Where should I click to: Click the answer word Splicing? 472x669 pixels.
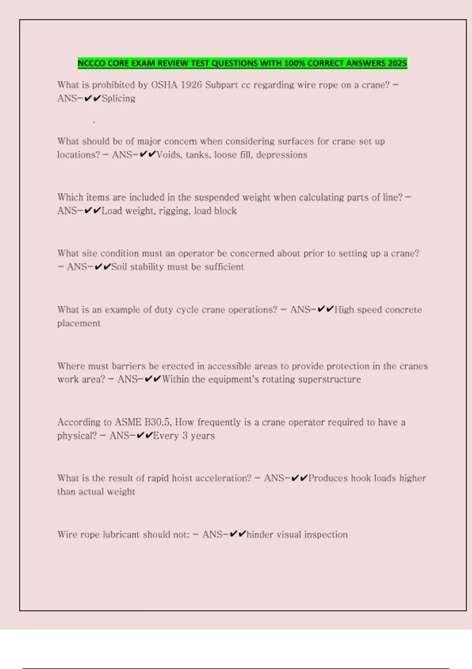click(x=118, y=98)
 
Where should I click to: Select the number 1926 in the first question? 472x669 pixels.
click(x=191, y=85)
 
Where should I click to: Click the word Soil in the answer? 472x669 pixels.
click(x=119, y=267)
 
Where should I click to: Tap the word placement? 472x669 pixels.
click(x=79, y=323)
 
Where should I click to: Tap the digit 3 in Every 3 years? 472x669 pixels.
click(x=185, y=436)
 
